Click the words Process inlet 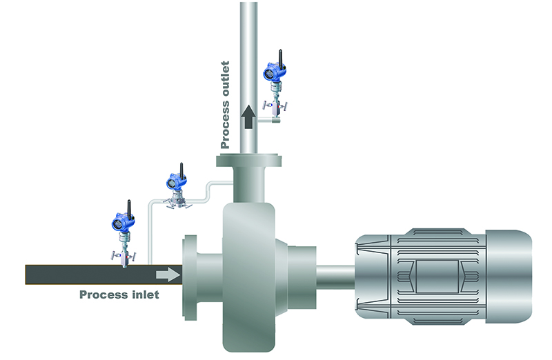click(119, 294)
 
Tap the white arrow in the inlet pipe click(166, 274)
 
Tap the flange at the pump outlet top click(248, 161)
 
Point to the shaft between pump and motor click(335, 276)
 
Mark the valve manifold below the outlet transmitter click(275, 103)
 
